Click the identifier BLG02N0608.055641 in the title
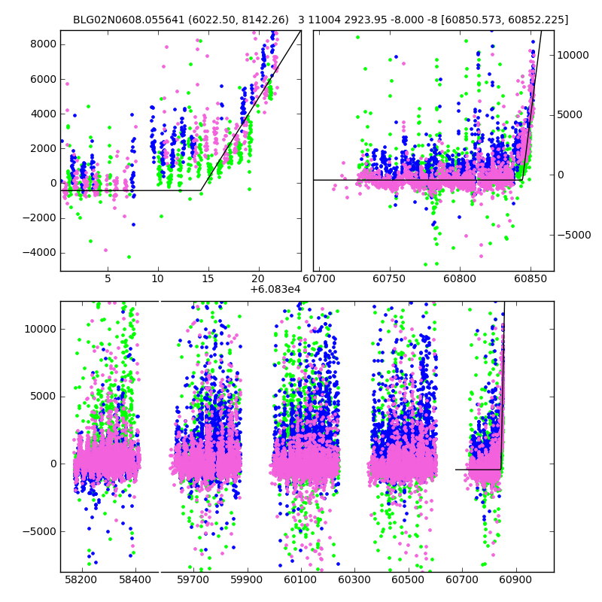(122, 20)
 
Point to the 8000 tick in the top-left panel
(42, 44)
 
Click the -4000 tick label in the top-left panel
(39, 252)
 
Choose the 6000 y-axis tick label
(42, 79)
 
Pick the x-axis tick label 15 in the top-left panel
(208, 278)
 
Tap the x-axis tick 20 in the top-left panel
(259, 278)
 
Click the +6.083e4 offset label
(275, 289)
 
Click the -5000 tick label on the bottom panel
(39, 531)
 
